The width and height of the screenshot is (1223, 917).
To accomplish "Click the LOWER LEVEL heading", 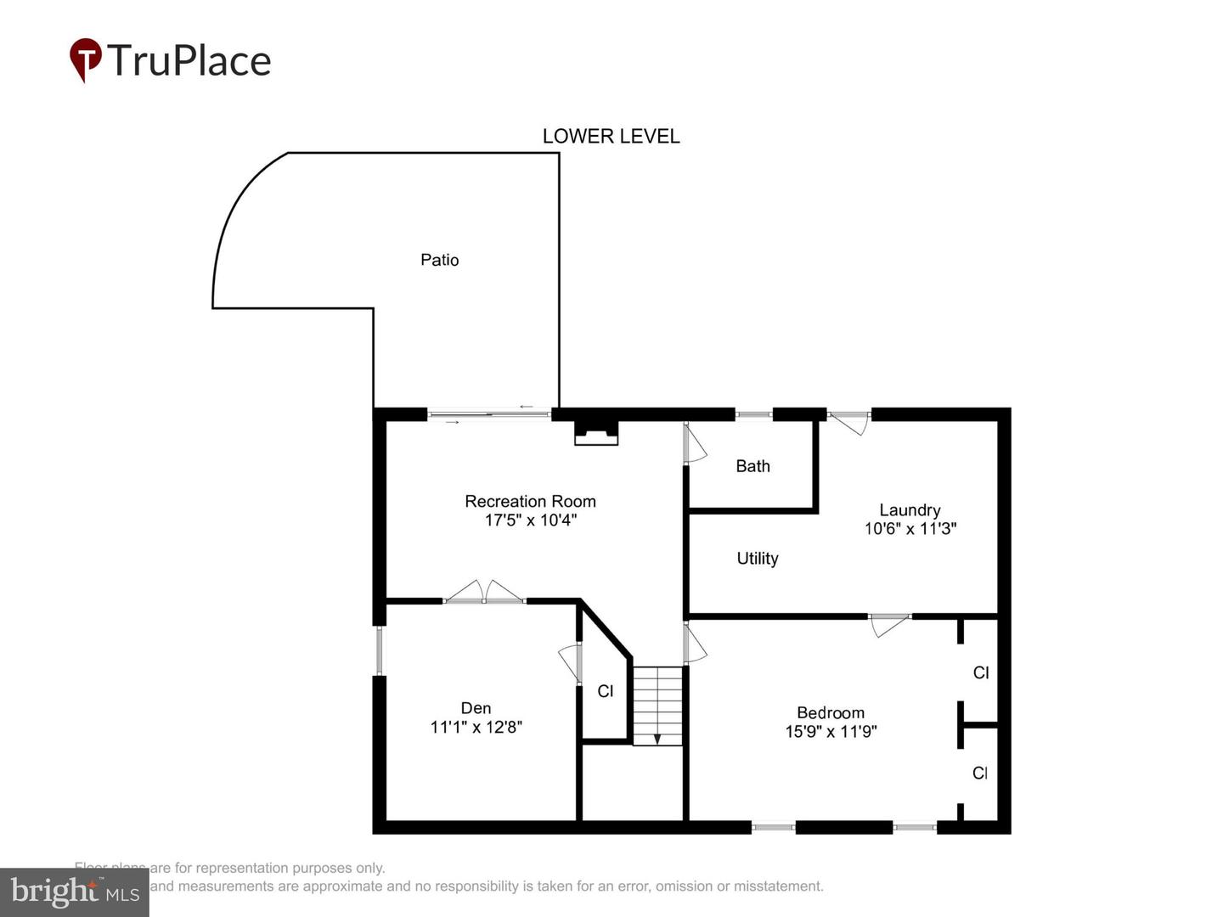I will [611, 136].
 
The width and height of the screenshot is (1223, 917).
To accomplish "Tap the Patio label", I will [439, 260].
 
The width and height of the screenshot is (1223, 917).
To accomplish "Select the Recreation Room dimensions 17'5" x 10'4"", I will [530, 520].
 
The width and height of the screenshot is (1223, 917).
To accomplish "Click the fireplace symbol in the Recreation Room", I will [596, 432].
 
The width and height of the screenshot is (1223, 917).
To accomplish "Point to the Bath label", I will [752, 466].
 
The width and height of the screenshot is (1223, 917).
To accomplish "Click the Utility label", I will [757, 558].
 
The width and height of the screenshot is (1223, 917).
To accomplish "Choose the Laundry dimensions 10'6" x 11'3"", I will [910, 528].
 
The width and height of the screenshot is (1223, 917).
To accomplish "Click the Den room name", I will [476, 708].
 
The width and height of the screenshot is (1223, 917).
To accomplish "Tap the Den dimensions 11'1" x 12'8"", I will [476, 727].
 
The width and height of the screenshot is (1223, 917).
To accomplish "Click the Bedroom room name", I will [830, 713].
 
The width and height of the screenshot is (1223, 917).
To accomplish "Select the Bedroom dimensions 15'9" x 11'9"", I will [830, 731].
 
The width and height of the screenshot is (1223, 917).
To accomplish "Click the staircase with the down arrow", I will [657, 706].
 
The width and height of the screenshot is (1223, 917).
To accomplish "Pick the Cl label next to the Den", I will [605, 691].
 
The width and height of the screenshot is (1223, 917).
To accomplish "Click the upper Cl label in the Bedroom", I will [980, 672].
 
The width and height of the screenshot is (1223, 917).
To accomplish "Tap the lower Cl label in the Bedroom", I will [979, 773].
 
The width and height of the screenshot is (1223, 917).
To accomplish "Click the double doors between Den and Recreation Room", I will [484, 594].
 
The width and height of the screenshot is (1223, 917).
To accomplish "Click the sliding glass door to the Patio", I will [489, 414].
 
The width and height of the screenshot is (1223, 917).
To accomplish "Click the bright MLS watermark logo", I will [75, 892].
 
